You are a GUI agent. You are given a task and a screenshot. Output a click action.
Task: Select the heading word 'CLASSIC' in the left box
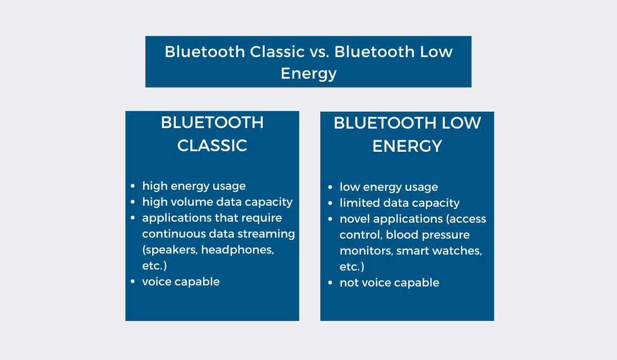(x=212, y=146)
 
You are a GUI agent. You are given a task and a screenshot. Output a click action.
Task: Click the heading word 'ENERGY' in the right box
(x=407, y=146)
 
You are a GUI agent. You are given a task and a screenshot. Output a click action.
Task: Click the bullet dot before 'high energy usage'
(x=133, y=186)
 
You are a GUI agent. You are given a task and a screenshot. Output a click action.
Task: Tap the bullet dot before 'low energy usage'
(x=330, y=187)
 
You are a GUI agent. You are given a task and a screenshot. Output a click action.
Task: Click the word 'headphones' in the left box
(x=238, y=250)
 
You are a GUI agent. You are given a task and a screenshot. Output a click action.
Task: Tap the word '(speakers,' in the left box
(x=170, y=250)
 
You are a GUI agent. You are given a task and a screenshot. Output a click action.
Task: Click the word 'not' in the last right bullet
(x=349, y=283)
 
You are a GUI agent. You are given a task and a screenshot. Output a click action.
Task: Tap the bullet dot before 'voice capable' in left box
(x=133, y=281)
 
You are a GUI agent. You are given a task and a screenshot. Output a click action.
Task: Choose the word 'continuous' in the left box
(x=174, y=234)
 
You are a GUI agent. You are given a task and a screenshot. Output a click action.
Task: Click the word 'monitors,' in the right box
(x=366, y=251)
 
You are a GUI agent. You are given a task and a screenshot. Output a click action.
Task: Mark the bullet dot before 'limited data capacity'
(x=330, y=203)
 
